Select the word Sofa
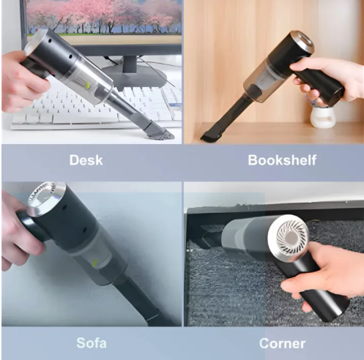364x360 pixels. point(91,342)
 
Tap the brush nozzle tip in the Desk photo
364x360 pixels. point(163,133)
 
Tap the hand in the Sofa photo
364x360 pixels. point(16,234)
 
